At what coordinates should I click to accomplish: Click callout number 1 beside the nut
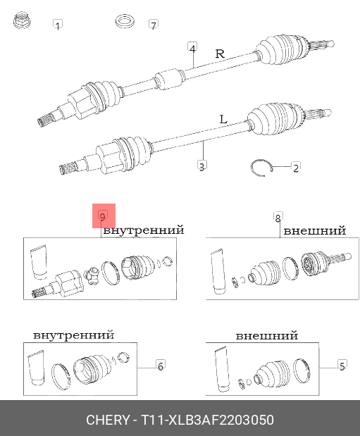tap(58, 25)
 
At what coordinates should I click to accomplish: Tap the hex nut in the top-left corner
tap(22, 20)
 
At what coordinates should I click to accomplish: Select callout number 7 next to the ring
tap(154, 25)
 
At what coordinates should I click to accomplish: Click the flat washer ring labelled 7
tap(125, 21)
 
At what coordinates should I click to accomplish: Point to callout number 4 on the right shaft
tap(192, 48)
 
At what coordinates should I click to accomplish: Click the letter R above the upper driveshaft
tap(220, 54)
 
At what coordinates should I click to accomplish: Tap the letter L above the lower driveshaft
tap(223, 120)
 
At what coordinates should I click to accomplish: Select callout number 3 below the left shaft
tap(201, 166)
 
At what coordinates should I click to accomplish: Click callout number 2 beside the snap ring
tap(296, 168)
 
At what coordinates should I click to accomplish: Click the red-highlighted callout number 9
tap(102, 216)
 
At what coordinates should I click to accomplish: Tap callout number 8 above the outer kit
tap(278, 218)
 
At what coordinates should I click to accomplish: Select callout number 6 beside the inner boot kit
tap(161, 366)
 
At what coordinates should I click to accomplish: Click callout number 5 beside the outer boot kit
tap(342, 366)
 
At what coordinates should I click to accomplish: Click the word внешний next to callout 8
tap(315, 231)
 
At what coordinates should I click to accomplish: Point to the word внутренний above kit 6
tap(74, 335)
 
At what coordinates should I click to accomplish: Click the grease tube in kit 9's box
tap(39, 262)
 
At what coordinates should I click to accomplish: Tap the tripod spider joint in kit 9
tap(92, 275)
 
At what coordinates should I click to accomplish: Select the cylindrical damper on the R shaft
tap(169, 79)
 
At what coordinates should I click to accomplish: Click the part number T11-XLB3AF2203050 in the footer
tap(208, 420)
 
